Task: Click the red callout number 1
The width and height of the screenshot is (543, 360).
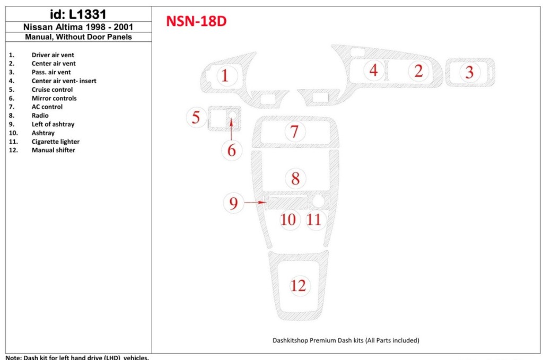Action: point(225,76)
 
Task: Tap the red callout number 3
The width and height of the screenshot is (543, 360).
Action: point(469,72)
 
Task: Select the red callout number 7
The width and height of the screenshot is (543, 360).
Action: point(294,131)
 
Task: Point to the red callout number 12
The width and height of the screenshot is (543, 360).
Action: point(298,285)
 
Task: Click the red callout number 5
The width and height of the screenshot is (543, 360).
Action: point(196,117)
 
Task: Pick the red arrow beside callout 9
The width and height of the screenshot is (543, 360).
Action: point(256,203)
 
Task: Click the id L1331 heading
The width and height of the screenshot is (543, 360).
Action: point(78,14)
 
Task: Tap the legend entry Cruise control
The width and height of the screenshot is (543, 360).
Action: point(52,90)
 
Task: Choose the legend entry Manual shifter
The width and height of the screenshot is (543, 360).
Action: point(53,150)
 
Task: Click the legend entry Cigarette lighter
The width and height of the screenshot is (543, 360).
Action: point(55,142)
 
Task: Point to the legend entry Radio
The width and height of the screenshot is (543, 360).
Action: point(40,116)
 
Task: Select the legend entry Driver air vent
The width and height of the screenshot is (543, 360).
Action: point(52,55)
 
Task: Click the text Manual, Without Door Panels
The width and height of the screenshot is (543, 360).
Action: point(78,37)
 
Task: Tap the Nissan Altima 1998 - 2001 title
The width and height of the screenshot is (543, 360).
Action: point(78,27)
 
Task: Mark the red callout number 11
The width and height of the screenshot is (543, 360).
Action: point(314,219)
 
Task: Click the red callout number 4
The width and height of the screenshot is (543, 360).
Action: point(374,70)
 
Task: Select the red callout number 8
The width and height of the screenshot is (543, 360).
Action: point(295,178)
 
